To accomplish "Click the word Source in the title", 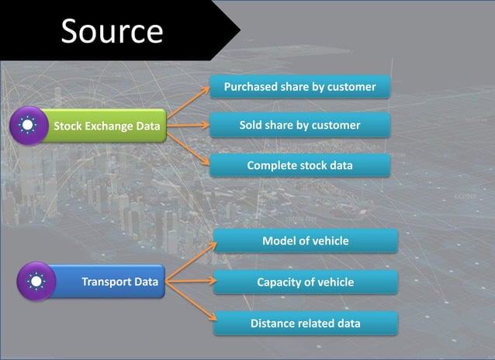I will (x=112, y=31).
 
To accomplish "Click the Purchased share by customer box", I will (x=299, y=87).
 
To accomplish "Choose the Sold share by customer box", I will (x=299, y=125).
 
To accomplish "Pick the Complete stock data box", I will (x=299, y=165).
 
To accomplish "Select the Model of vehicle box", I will (x=306, y=241).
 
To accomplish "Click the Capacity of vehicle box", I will (x=306, y=282).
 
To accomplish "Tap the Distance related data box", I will (x=306, y=324).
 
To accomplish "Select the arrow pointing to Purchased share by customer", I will (x=189, y=104).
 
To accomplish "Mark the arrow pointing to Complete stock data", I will (x=189, y=144).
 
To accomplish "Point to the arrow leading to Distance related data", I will (x=190, y=303).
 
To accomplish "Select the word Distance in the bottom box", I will (x=272, y=324).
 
